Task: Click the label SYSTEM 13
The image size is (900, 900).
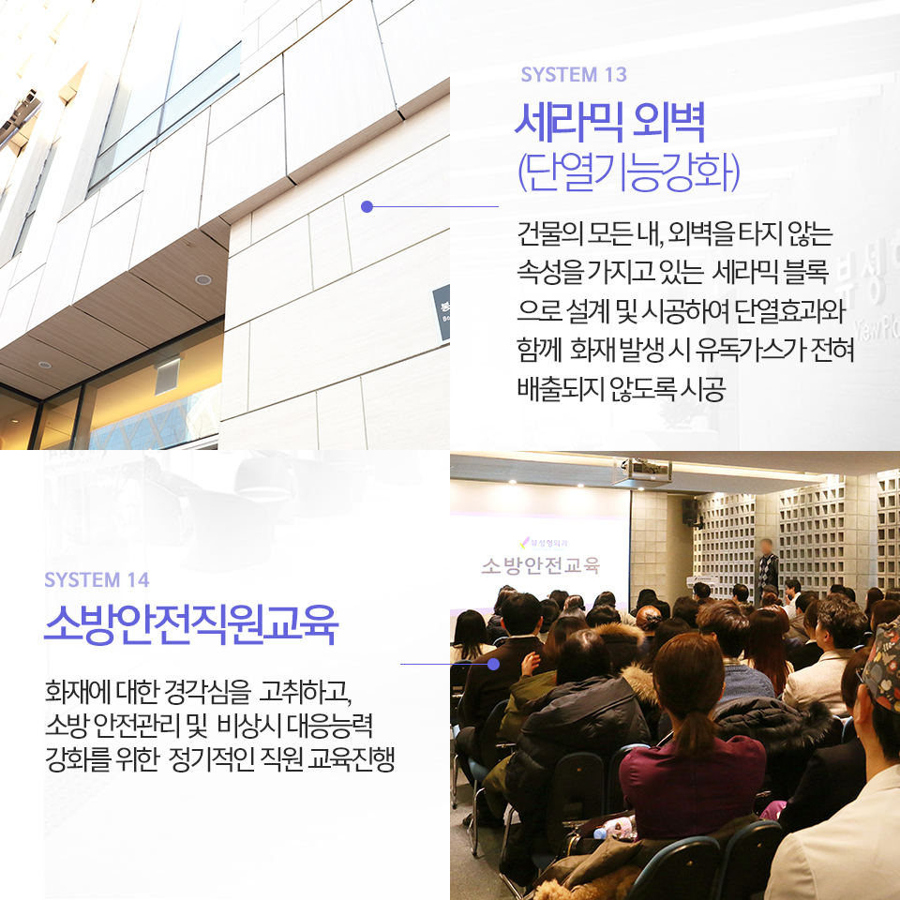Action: coord(573,75)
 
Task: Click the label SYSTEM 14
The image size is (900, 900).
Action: coord(97,580)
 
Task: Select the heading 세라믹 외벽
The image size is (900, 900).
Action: coord(609,123)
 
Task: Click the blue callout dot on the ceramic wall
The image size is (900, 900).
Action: coord(367,206)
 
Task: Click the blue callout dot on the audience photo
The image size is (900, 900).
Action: coord(493,664)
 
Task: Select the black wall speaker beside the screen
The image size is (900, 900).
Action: coord(689,511)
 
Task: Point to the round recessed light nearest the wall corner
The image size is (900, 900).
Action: coord(202,279)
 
